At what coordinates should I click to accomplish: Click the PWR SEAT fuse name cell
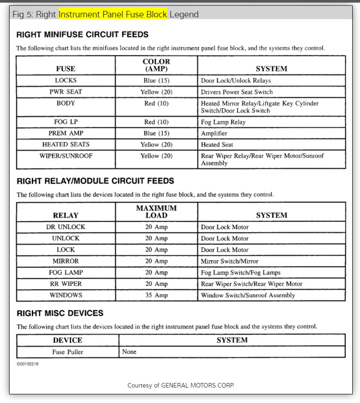point(66,92)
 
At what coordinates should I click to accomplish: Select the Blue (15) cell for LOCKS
point(156,81)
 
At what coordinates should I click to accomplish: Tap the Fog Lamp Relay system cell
point(223,122)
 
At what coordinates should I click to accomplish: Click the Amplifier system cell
point(214,133)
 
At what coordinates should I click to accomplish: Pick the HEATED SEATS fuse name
point(66,144)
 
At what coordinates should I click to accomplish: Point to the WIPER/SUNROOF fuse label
point(66,156)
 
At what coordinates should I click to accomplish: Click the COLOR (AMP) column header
point(156,65)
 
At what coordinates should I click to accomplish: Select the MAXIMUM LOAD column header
point(156,212)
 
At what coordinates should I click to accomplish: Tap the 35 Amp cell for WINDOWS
point(156,295)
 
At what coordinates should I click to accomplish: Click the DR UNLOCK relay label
point(66,227)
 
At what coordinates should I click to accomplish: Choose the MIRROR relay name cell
point(66,261)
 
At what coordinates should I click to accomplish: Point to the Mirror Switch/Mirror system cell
point(229,261)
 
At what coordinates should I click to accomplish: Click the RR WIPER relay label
point(66,284)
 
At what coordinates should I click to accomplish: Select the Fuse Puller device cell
point(67,352)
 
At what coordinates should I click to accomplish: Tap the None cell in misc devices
point(129,352)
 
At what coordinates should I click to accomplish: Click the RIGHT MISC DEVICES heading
point(60,313)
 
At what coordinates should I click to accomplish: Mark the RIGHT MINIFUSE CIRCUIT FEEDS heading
point(82,35)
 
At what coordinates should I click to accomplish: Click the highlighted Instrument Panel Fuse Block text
point(113,14)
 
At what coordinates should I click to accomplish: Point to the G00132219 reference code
point(27,364)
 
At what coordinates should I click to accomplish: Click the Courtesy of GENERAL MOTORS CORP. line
point(181,385)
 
